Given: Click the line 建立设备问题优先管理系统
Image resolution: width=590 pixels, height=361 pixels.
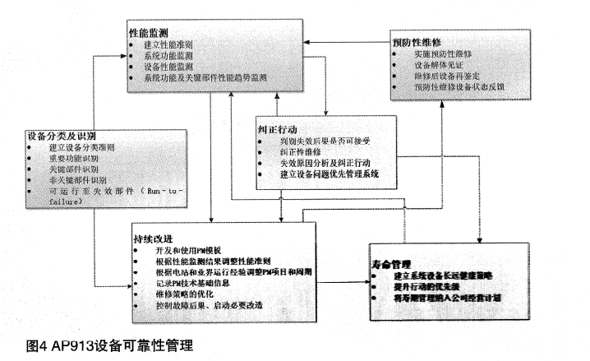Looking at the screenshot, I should coord(329,174).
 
